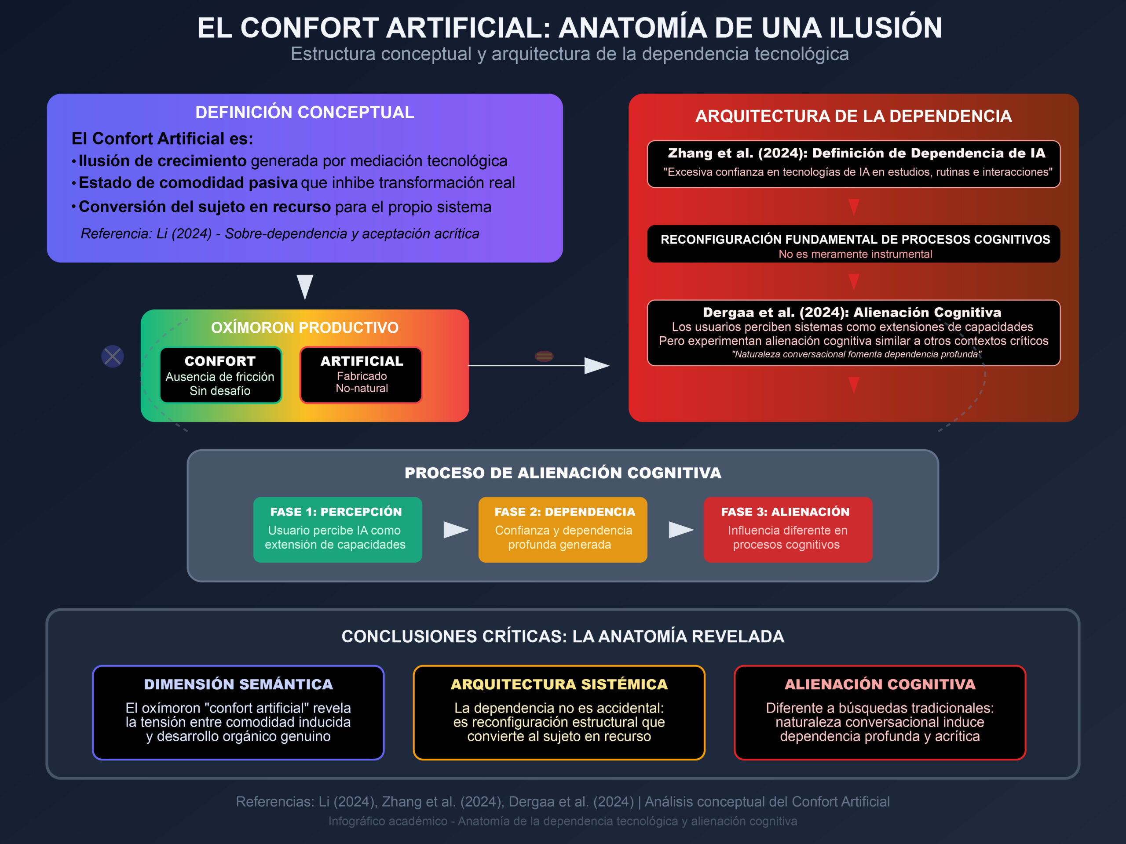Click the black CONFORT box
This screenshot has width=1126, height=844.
point(220,375)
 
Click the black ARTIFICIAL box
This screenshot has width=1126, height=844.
point(361,375)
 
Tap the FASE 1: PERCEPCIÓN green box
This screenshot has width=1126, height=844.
point(337,530)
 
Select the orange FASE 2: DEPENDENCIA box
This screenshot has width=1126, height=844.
point(563,530)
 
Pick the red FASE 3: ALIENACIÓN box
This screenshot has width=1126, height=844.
point(787,530)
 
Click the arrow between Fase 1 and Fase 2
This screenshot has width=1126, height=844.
point(456,530)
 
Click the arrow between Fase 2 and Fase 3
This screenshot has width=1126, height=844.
point(680,530)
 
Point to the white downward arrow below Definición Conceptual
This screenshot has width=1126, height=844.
point(305,287)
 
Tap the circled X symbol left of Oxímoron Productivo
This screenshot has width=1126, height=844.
point(113,356)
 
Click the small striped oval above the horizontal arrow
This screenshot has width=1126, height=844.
point(544,356)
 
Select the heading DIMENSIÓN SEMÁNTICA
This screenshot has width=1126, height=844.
point(238,684)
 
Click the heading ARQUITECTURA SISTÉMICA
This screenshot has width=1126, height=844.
point(559,684)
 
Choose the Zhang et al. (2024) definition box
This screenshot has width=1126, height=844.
point(854,164)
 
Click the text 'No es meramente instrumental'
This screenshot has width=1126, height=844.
point(855,254)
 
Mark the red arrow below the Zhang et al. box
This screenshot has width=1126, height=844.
point(854,207)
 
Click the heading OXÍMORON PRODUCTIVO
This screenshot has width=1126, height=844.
point(304,327)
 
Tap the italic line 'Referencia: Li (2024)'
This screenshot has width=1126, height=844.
point(280,233)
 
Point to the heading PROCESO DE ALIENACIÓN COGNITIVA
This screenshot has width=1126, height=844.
point(563,473)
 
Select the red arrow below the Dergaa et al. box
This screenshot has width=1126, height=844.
point(854,385)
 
